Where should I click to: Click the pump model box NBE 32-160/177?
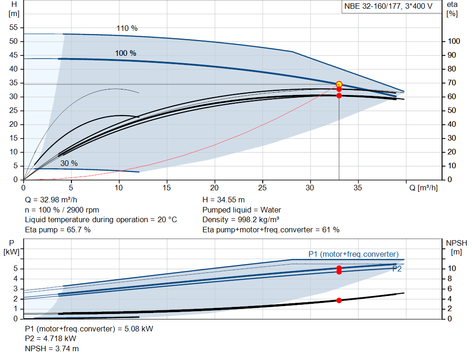pyautogui.click(x=389, y=7)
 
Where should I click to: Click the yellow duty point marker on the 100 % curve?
pyautogui.click(x=339, y=84)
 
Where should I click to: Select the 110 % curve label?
pyautogui.click(x=127, y=28)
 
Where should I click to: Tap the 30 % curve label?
pyautogui.click(x=69, y=163)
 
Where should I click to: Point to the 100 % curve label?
pyautogui.click(x=125, y=53)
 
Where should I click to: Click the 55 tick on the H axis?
pyautogui.click(x=13, y=27)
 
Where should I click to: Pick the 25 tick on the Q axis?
pyautogui.click(x=262, y=188)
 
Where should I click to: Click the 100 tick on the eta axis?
pyautogui.click(x=454, y=41)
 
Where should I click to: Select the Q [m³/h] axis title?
pyautogui.click(x=423, y=188)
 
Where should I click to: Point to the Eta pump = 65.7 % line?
pyautogui.click(x=58, y=229)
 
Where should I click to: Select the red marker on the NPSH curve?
pyautogui.click(x=339, y=300)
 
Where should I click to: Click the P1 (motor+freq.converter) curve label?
pyautogui.click(x=353, y=254)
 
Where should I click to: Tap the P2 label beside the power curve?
pyautogui.click(x=396, y=269)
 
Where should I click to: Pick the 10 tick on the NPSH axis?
pyautogui.click(x=452, y=268)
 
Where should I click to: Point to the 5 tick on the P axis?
pyautogui.click(x=15, y=268)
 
